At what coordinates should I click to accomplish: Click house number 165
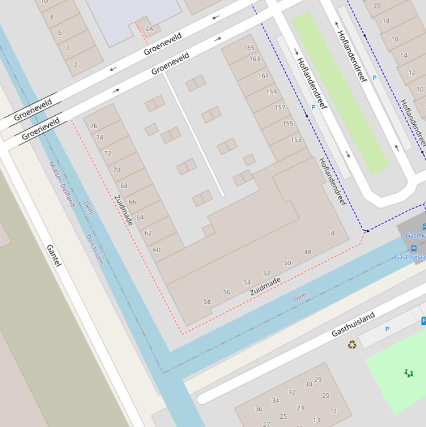249,48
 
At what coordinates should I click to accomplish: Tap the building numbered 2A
149,29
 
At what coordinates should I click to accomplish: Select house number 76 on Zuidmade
94,126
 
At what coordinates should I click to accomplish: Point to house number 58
207,302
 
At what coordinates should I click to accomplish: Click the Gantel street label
54,255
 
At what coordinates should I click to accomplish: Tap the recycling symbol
352,344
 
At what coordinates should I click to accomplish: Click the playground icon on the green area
409,373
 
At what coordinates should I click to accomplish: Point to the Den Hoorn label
94,249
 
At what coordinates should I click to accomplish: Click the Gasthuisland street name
353,324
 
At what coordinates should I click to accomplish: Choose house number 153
296,140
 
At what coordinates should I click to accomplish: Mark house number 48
307,252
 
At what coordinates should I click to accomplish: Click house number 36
258,409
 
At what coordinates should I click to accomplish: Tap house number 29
318,380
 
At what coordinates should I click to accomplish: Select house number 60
157,250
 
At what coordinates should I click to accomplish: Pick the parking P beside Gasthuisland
387,329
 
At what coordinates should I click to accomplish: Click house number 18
386,21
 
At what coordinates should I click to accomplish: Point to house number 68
124,186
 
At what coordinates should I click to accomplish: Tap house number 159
271,92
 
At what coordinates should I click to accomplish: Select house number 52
266,273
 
